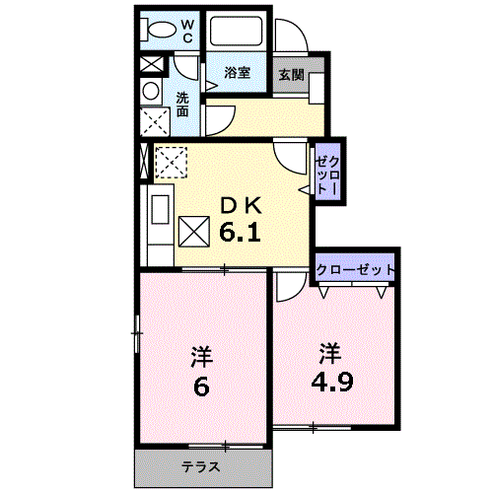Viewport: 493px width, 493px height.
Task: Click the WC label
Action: [187, 32]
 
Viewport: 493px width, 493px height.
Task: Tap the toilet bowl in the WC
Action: [162, 30]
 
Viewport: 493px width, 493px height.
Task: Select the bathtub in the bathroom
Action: [236, 31]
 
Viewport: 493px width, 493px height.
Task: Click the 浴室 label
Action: [237, 72]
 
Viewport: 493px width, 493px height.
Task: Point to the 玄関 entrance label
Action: [291, 75]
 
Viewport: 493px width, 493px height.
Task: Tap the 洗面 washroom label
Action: [182, 105]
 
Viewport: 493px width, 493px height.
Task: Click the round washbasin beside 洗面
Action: [151, 91]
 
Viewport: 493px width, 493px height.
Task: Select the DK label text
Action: [241, 206]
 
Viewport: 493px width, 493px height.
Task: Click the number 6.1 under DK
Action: [240, 232]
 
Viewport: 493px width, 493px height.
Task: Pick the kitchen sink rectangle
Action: [160, 209]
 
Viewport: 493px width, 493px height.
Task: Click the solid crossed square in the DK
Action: [194, 232]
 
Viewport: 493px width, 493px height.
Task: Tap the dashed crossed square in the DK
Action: [171, 163]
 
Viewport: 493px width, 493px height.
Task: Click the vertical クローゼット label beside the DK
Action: [327, 175]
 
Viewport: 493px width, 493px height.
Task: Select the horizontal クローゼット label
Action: [355, 270]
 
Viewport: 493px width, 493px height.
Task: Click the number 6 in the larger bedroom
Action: [201, 387]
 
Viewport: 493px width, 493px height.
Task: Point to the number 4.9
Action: [332, 382]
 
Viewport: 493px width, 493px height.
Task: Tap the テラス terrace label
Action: [201, 466]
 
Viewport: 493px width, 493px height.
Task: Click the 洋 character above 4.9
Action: [330, 353]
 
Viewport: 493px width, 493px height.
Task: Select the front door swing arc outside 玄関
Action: [298, 32]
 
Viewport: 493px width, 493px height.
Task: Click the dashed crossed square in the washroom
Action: [155, 121]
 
